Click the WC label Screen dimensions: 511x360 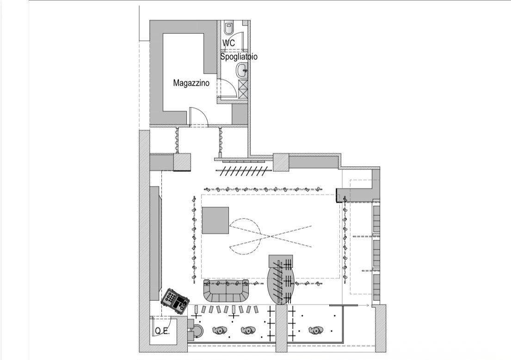(228, 43)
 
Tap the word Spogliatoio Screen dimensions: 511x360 (239, 57)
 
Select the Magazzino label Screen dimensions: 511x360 (191, 83)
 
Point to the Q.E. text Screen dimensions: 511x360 (162, 331)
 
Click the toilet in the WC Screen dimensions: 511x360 (229, 27)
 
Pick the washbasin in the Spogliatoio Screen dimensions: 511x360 (242, 70)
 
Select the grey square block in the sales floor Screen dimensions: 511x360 (215, 220)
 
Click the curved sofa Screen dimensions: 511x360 (226, 291)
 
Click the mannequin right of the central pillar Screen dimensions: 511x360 (315, 330)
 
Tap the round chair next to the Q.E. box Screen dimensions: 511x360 (197, 331)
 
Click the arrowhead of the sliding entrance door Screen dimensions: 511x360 (368, 305)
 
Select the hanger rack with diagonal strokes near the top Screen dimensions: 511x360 (243, 171)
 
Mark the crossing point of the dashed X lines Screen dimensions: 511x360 (270, 235)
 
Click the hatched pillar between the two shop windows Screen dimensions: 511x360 (282, 328)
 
